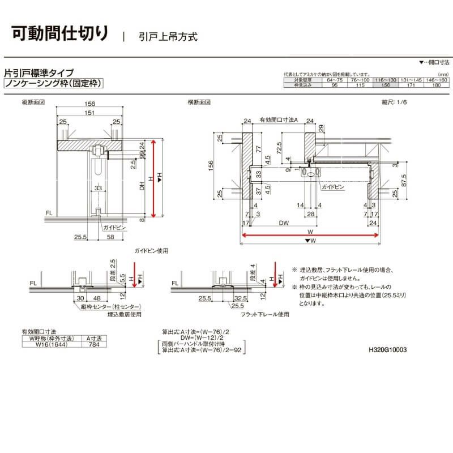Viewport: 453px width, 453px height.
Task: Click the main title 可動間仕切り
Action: [x=59, y=33]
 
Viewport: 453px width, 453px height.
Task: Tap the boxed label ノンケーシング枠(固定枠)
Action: [x=52, y=83]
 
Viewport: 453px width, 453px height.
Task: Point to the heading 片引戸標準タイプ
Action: [x=39, y=72]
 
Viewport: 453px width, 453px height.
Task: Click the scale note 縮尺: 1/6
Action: [x=395, y=102]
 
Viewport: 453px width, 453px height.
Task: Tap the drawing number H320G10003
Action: [x=387, y=350]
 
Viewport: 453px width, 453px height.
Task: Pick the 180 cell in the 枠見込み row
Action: [x=437, y=86]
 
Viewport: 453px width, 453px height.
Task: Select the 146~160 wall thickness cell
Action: [x=437, y=80]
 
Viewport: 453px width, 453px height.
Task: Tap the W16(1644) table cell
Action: [x=52, y=343]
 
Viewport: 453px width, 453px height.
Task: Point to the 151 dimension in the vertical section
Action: [x=89, y=113]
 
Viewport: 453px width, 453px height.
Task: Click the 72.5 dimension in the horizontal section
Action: [x=280, y=148]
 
